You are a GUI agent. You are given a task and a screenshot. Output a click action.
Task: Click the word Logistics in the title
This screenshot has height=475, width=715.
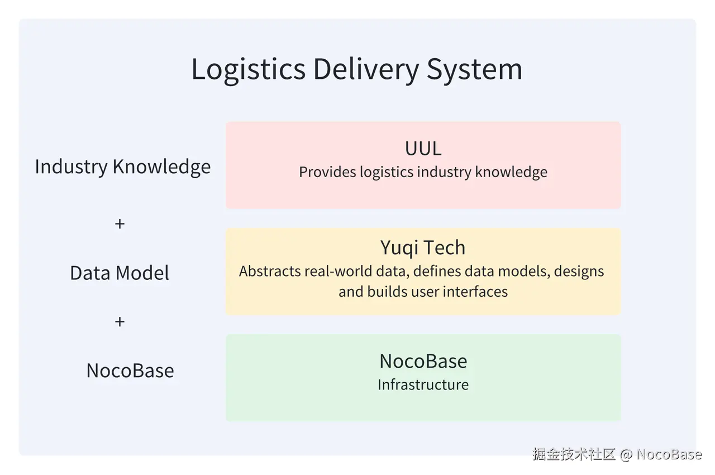click(248, 69)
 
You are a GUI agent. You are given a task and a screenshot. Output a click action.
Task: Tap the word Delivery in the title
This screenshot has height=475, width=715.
click(366, 69)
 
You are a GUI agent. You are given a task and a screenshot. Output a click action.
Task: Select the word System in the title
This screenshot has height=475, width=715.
click(475, 69)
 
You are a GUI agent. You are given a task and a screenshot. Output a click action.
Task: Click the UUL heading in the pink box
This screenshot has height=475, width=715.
click(423, 148)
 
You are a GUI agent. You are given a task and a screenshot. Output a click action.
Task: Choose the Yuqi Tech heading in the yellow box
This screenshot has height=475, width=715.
click(423, 248)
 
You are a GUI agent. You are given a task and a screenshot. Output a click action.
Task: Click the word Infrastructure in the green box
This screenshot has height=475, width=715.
click(423, 385)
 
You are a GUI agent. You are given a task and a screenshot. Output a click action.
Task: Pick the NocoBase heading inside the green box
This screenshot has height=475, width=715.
click(423, 361)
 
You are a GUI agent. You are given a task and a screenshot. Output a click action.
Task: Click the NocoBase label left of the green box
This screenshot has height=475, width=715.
click(130, 370)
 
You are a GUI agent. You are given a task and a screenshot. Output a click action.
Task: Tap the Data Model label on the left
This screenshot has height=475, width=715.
click(120, 273)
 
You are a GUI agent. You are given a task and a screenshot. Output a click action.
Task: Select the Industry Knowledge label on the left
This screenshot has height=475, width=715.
click(123, 167)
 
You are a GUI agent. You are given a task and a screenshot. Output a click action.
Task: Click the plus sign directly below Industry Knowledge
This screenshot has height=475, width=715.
click(120, 224)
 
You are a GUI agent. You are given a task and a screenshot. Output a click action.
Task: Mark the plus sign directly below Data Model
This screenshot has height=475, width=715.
click(120, 321)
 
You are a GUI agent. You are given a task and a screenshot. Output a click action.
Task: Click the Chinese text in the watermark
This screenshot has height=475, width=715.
click(574, 454)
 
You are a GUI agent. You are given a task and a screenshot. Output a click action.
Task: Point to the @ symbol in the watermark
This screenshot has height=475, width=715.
click(626, 454)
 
